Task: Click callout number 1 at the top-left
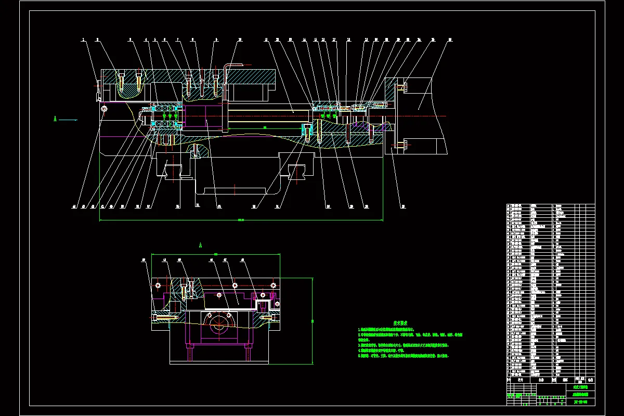click(83, 39)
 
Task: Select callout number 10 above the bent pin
click(240, 39)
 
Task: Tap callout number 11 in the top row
click(266, 39)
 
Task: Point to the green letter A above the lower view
click(200, 244)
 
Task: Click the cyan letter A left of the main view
click(55, 119)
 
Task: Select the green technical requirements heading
click(400, 323)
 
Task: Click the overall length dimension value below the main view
click(241, 220)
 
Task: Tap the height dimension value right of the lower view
click(313, 321)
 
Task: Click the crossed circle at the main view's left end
click(105, 109)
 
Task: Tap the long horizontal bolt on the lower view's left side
click(166, 317)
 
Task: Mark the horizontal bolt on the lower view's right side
click(267, 317)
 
